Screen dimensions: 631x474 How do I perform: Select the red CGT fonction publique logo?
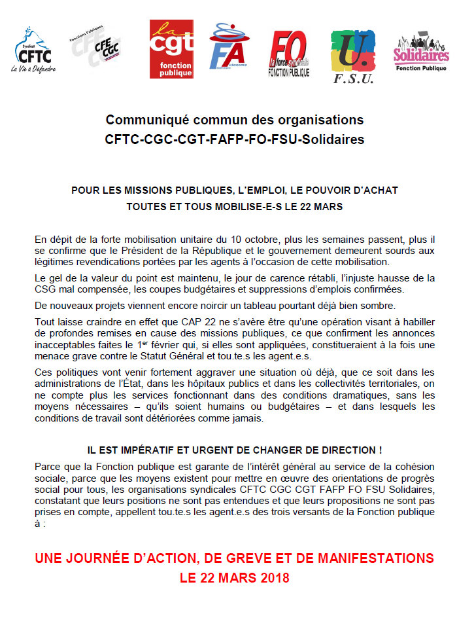click(x=171, y=49)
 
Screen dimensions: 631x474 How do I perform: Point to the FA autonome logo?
click(x=227, y=46)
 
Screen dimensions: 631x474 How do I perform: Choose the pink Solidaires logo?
click(x=421, y=53)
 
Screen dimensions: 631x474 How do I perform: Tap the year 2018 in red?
click(x=274, y=579)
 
